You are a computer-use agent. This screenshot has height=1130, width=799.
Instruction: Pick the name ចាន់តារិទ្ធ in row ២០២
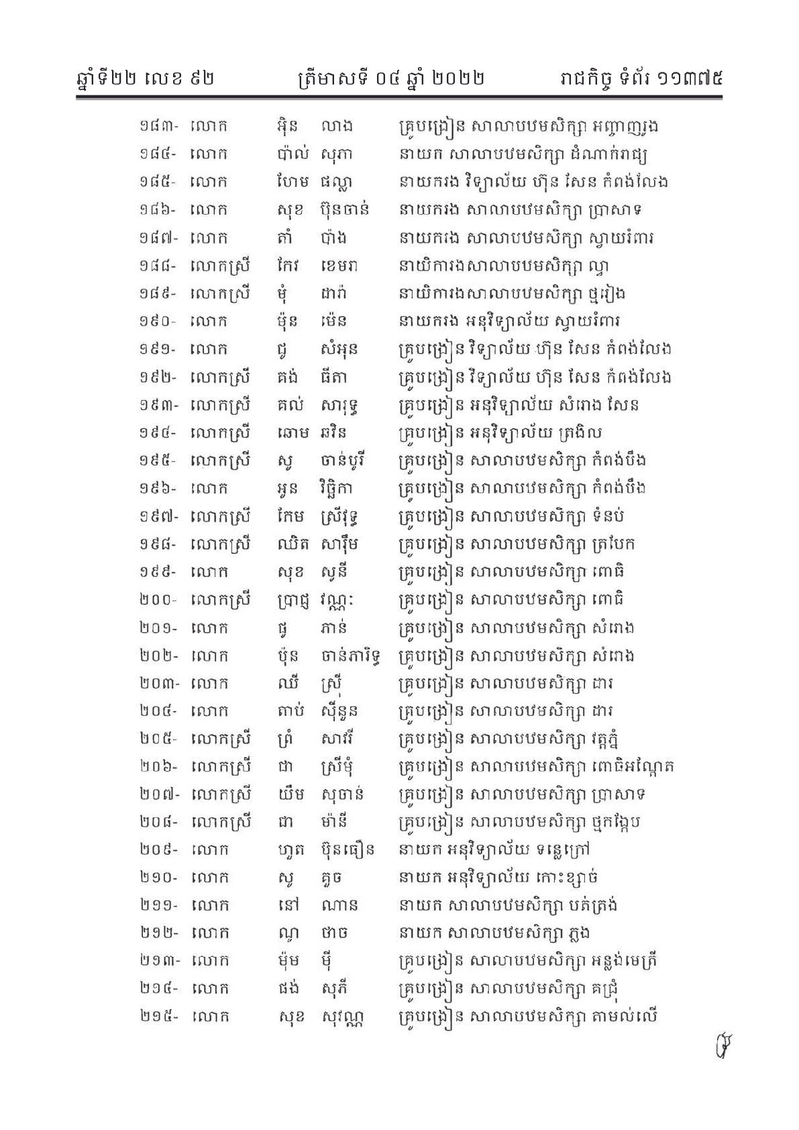352,656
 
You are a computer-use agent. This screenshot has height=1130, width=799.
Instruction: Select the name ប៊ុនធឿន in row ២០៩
347,850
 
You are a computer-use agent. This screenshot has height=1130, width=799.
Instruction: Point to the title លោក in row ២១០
209,878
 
